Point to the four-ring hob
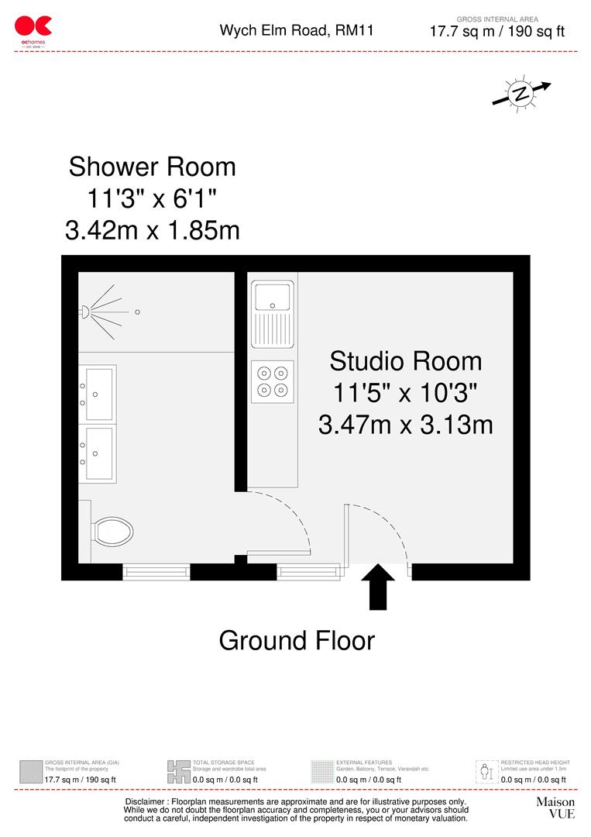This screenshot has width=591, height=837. pyautogui.click(x=273, y=381)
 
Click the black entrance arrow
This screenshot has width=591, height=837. pyautogui.click(x=378, y=587)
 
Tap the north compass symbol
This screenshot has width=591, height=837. pyautogui.click(x=521, y=94)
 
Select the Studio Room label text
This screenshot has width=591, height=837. pyautogui.click(x=405, y=361)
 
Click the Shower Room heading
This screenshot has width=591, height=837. pyautogui.click(x=152, y=167)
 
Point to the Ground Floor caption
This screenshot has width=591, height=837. pyautogui.click(x=297, y=641)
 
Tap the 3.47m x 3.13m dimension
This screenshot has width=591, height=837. pyautogui.click(x=405, y=425)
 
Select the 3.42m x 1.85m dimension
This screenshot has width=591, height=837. pyautogui.click(x=152, y=230)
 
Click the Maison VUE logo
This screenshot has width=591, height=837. pyautogui.click(x=555, y=808)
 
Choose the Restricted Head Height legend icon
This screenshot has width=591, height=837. pyautogui.click(x=486, y=772)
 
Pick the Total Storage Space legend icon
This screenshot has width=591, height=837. pyautogui.click(x=178, y=772)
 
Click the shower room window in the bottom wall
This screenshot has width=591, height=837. pyautogui.click(x=156, y=573)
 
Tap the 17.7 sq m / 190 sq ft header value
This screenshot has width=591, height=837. pyautogui.click(x=497, y=32)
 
